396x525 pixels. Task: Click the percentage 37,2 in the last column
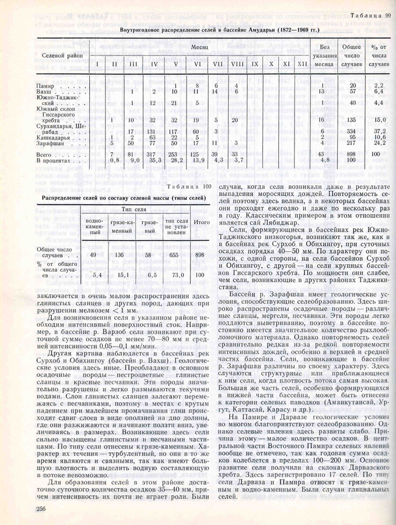click(x=379, y=131)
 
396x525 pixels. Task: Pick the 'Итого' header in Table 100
click(x=202, y=222)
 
